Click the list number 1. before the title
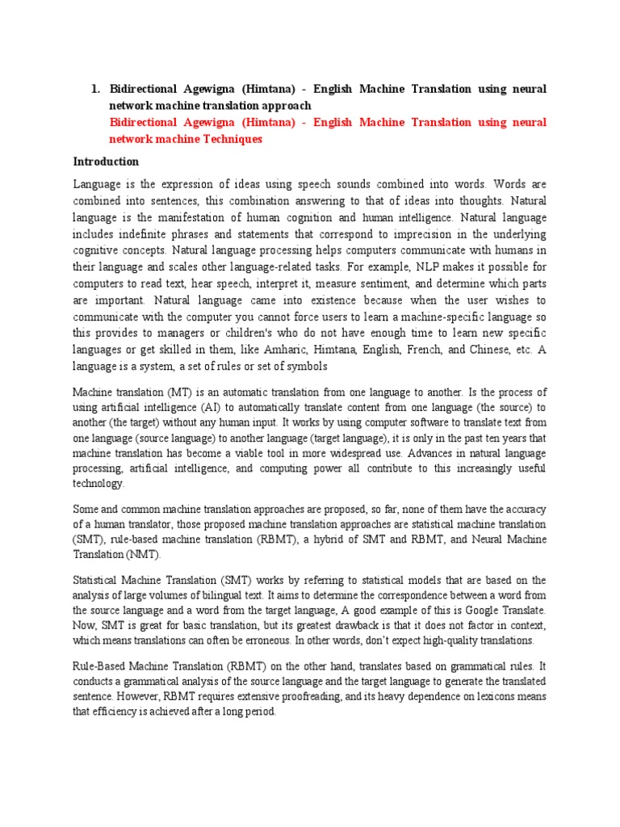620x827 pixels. tap(98, 90)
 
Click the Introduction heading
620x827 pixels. tap(106, 161)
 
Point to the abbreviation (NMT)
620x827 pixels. tap(144, 556)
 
